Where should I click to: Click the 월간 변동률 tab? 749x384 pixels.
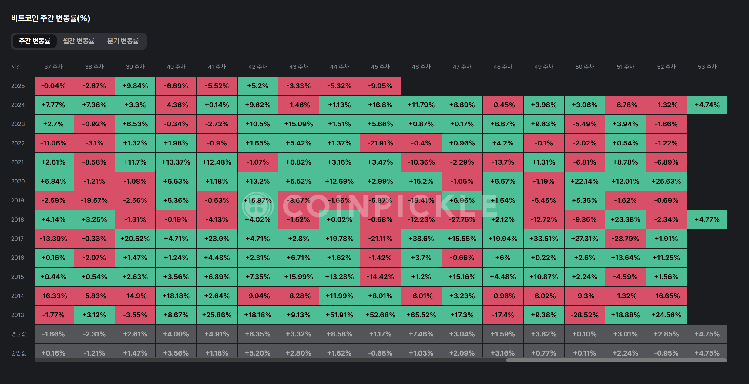point(79,41)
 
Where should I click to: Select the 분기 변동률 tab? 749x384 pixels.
point(123,41)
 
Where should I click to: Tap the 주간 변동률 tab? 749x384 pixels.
point(35,41)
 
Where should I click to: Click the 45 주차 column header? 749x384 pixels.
point(380,67)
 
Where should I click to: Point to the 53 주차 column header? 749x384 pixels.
point(707,67)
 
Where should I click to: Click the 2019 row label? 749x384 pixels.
point(18,200)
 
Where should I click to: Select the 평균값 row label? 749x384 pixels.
point(18,334)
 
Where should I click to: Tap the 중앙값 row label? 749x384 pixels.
point(18,353)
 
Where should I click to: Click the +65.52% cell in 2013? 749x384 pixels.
point(421,315)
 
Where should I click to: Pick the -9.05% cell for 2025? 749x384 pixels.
point(380,86)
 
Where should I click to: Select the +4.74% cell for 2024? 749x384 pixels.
point(707,105)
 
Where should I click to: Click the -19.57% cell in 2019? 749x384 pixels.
point(94,200)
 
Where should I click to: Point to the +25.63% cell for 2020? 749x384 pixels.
point(666,181)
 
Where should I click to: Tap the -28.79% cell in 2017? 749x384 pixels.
point(625,239)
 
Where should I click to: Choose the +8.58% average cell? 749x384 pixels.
point(339,334)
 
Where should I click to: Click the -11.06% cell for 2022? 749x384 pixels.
point(53,143)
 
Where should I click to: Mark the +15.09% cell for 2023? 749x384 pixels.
point(298,124)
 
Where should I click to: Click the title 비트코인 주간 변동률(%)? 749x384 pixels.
point(51,18)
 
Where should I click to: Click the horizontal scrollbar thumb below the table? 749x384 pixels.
point(616,360)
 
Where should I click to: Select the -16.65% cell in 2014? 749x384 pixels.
point(666,296)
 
